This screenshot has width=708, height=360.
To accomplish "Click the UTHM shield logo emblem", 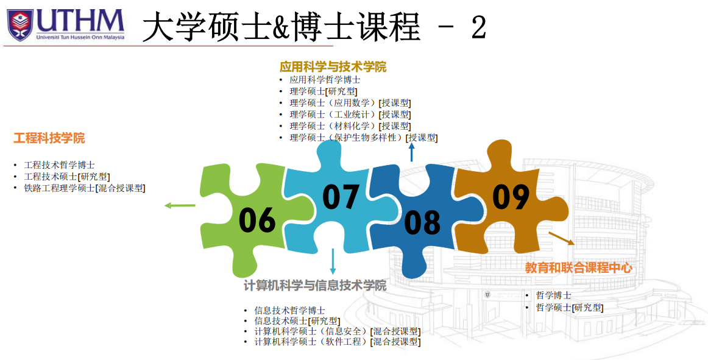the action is coord(20,24).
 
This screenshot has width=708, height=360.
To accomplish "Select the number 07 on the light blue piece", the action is coord(341,197).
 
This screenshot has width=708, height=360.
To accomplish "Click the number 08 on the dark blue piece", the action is coord(422,222).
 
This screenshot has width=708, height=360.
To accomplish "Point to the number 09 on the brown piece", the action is coord(511,197).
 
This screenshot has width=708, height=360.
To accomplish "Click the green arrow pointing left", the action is coord(180,205).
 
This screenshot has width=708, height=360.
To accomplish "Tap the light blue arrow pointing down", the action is coord(333,261).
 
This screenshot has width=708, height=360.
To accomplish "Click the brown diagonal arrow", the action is coord(561,238).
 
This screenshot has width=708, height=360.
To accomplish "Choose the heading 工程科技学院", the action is coord(49,138).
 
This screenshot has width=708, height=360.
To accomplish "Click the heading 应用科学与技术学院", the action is coord(333,67).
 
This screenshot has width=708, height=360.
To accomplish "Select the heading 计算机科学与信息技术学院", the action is coord(315,286).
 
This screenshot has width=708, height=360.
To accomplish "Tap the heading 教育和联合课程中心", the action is coord(578,267).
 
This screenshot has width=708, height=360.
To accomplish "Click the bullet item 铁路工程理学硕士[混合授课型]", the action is coord(85,188).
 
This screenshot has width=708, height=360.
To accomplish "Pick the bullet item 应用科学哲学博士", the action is coord(325,80).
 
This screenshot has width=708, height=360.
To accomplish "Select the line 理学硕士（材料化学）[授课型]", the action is coord(350,126).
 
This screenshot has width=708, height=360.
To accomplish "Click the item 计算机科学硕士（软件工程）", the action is coord(311,342).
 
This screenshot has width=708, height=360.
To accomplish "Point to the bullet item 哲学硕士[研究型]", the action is coord(569,308).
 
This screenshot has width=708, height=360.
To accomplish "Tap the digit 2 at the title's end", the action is coord(479,27).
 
